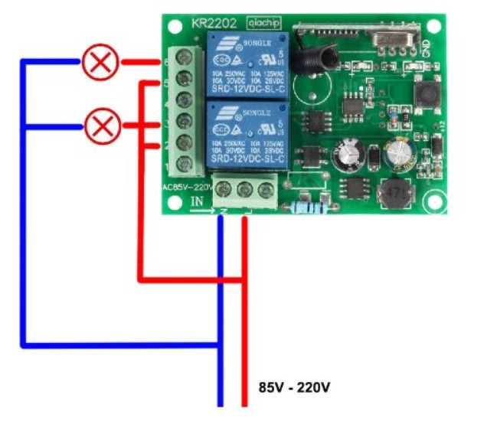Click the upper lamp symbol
tap(100, 63)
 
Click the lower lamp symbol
tap(100, 126)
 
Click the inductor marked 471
tap(395, 191)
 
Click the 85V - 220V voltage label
tap(294, 387)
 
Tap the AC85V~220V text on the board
tap(187, 186)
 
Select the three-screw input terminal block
tap(245, 189)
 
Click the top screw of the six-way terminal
tap(185, 57)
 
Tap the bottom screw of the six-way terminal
tap(185, 163)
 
